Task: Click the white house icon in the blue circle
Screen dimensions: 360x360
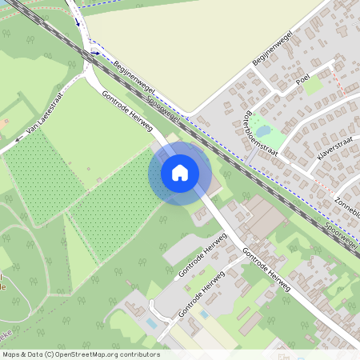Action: click(180, 172)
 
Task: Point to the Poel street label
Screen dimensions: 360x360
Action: click(302, 80)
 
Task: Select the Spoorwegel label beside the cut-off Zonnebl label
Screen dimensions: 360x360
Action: click(342, 237)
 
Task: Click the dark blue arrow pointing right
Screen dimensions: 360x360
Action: click(95, 54)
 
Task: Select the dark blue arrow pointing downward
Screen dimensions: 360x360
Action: click(78, 22)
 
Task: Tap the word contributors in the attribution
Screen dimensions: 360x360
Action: click(138, 354)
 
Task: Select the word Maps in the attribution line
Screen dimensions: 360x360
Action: click(12, 354)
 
